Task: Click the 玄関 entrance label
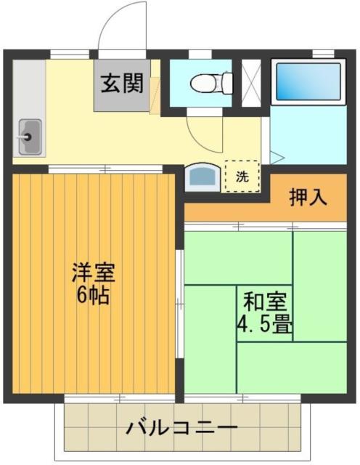[x=122, y=83]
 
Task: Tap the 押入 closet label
[x=308, y=196]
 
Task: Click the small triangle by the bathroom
[x=277, y=156]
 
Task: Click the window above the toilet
[x=200, y=53]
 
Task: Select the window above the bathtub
[x=323, y=53]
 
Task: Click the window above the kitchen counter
[x=70, y=53]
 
